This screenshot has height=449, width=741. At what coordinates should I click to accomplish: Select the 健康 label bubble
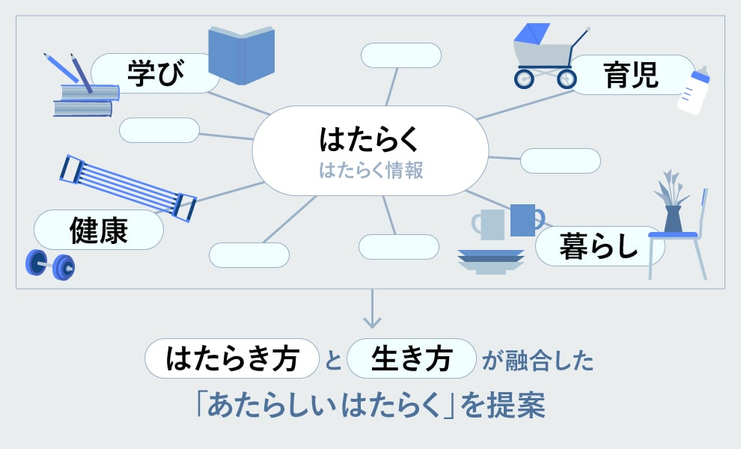98,230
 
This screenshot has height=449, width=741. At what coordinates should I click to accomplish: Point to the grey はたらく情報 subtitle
370,171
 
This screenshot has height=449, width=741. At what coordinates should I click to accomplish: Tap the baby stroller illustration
546,56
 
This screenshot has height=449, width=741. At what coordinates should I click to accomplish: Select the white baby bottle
692,91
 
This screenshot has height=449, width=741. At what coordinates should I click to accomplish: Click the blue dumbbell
50,263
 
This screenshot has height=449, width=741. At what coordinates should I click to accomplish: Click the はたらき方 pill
232,358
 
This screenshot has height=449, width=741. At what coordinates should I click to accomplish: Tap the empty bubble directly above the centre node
400,55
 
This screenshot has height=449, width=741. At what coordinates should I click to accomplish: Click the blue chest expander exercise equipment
127,187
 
